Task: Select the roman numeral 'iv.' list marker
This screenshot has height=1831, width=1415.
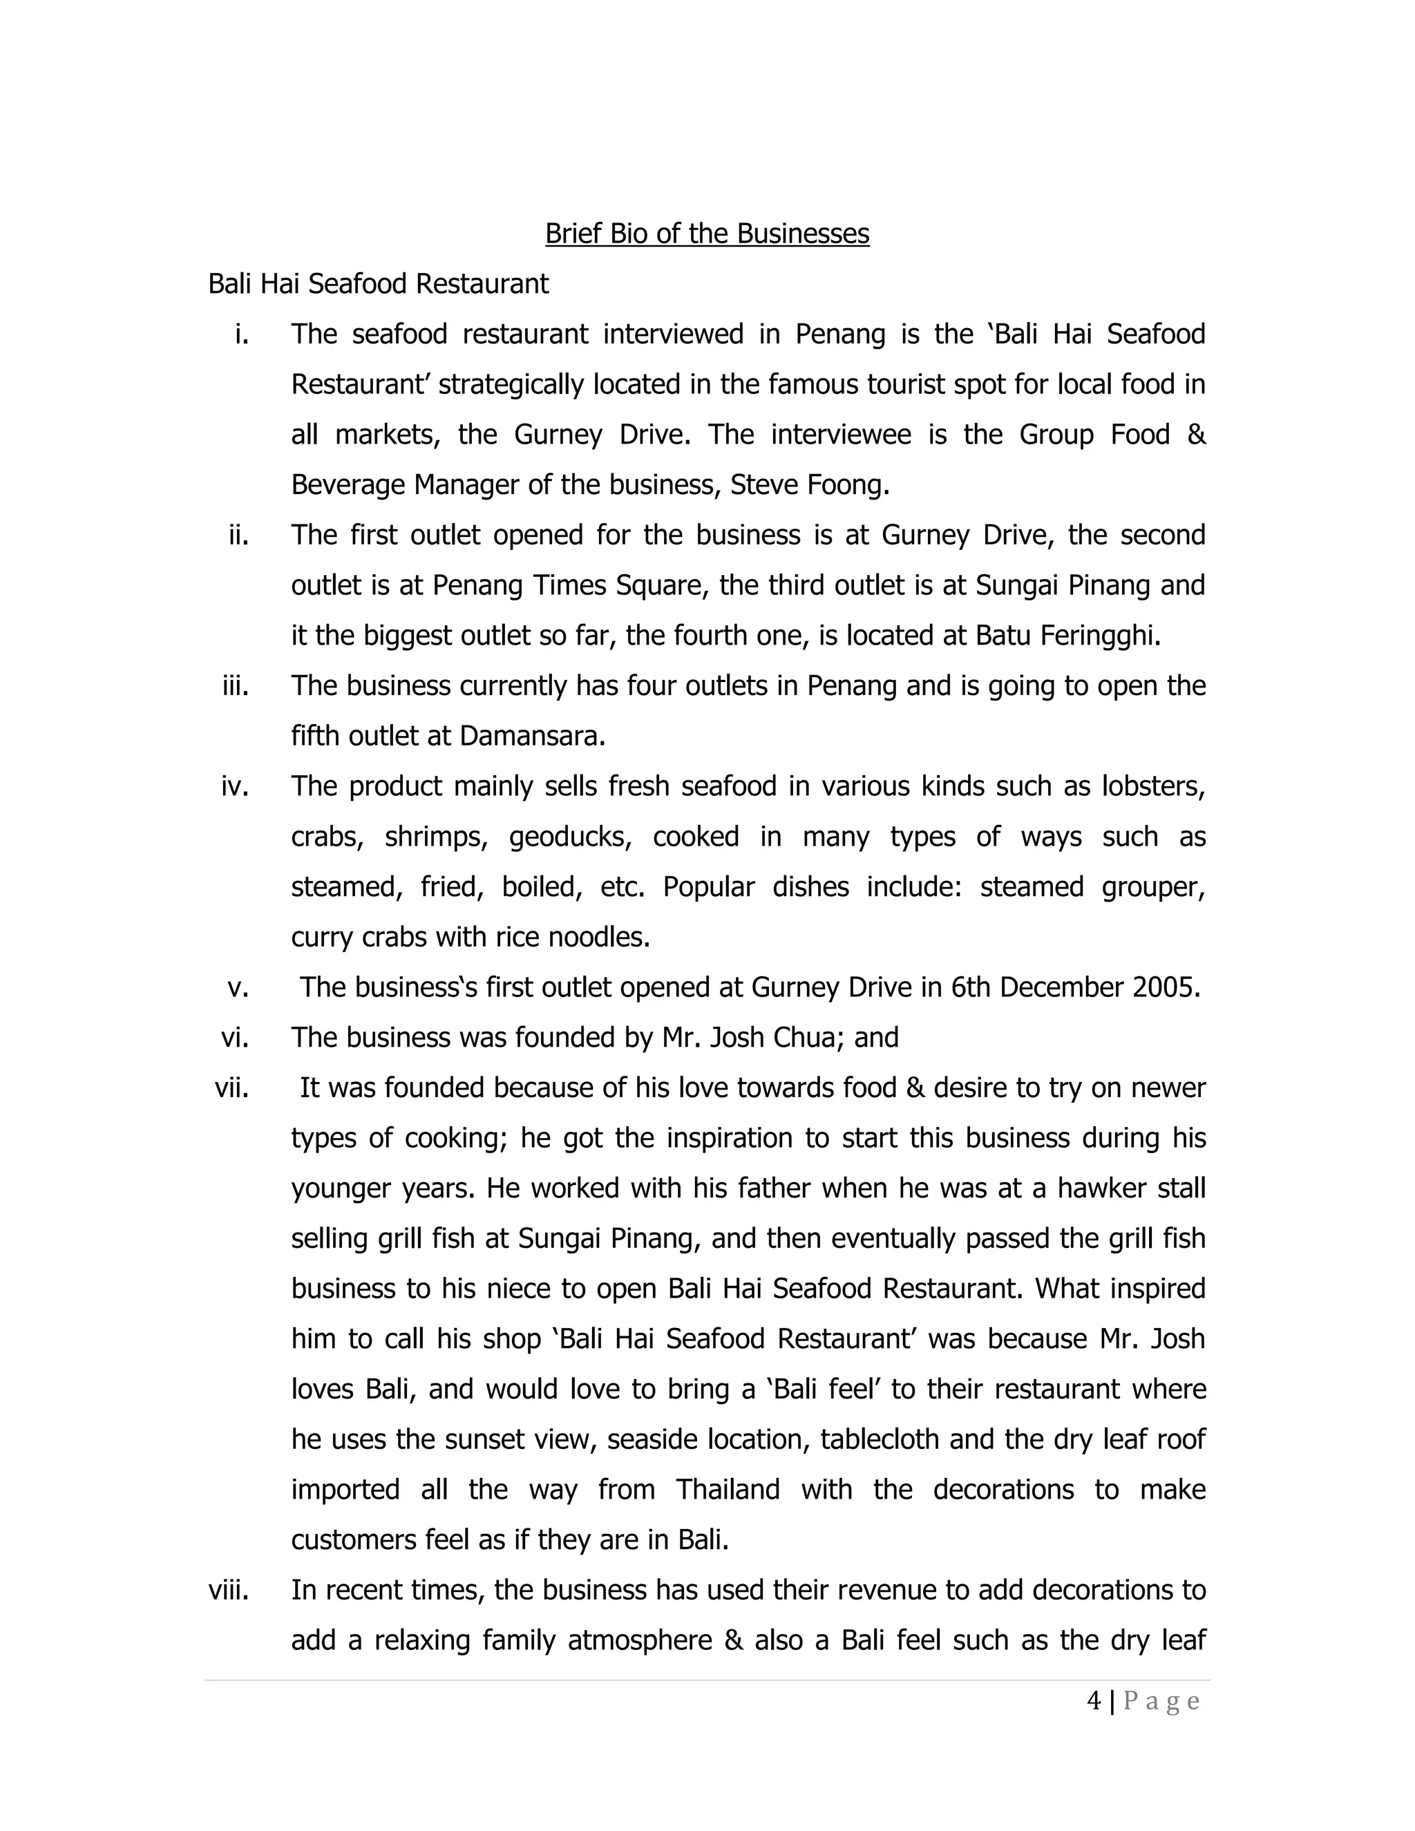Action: pyautogui.click(x=235, y=786)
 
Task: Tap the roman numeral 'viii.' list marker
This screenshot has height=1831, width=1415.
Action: pyautogui.click(x=228, y=1591)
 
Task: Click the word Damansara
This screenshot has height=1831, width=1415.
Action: pyautogui.click(x=531, y=736)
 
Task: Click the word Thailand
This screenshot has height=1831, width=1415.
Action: pyautogui.click(x=728, y=1490)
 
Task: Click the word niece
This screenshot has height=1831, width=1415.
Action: pyautogui.click(x=519, y=1289)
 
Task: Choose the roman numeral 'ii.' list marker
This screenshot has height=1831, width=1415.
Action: pyautogui.click(x=239, y=535)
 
